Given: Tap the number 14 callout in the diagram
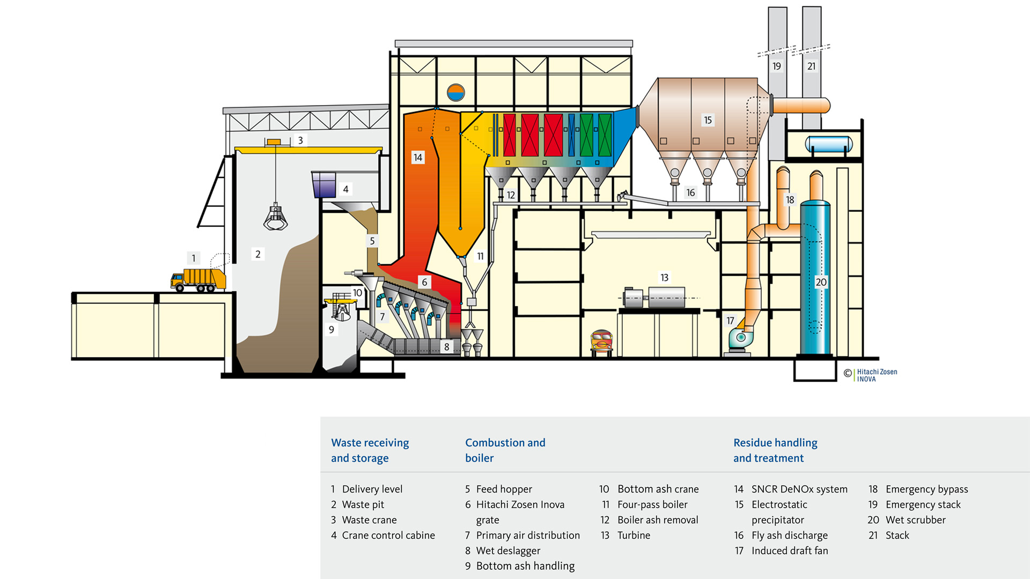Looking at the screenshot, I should [x=418, y=158].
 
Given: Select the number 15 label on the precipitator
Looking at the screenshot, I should [x=708, y=120].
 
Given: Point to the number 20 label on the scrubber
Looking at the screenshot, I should [x=821, y=282].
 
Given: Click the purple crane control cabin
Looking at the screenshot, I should [x=324, y=184].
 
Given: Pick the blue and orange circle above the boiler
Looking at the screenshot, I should [x=456, y=93].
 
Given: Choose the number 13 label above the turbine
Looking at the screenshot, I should [x=664, y=277].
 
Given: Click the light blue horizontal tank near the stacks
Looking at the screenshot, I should [x=828, y=144].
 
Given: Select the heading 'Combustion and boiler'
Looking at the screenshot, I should [x=505, y=450].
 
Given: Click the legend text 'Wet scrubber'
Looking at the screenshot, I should [x=915, y=520].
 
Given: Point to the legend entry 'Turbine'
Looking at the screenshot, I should [x=634, y=536].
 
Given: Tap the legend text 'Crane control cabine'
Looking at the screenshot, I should [x=388, y=536].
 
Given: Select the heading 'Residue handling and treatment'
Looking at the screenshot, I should [x=775, y=450].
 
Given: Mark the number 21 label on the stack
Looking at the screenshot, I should [x=811, y=66].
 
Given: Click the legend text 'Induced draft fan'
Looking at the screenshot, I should [x=790, y=551].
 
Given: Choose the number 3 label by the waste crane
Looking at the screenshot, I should [x=300, y=140].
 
